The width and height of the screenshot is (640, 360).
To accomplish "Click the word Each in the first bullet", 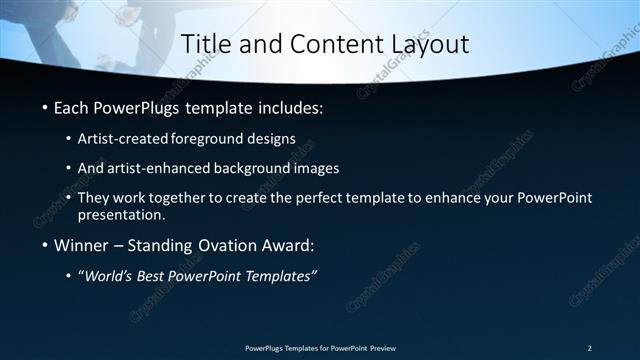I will [x=73, y=107].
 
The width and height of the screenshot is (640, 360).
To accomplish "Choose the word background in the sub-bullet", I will [x=265, y=169].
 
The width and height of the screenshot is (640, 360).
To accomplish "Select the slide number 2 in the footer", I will [x=590, y=347].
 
